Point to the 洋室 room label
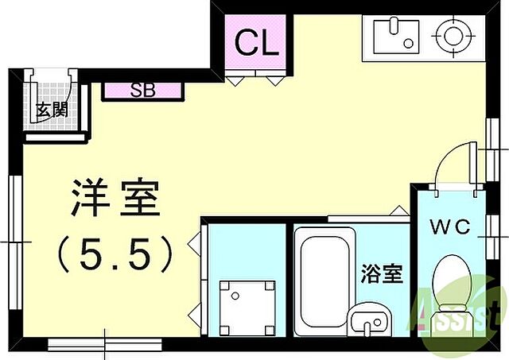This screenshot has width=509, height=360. click(x=116, y=199)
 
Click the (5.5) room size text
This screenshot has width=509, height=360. click(x=116, y=254)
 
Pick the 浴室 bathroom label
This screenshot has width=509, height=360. click(x=381, y=275)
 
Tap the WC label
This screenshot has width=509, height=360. click(x=450, y=227)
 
